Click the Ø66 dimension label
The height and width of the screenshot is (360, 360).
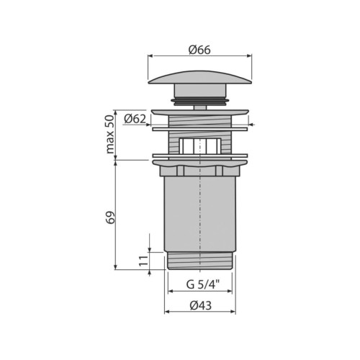(x=199, y=50)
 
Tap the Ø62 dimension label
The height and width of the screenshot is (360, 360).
(x=135, y=119)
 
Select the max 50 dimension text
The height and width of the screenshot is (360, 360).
(x=110, y=134)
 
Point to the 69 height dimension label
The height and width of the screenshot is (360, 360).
(x=111, y=217)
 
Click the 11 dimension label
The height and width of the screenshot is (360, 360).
(x=143, y=261)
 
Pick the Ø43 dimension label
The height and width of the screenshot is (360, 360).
(x=201, y=305)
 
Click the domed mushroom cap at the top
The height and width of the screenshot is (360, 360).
(x=200, y=77)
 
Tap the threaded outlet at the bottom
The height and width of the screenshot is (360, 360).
(x=200, y=261)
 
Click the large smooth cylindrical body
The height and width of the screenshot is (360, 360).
(x=200, y=214)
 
